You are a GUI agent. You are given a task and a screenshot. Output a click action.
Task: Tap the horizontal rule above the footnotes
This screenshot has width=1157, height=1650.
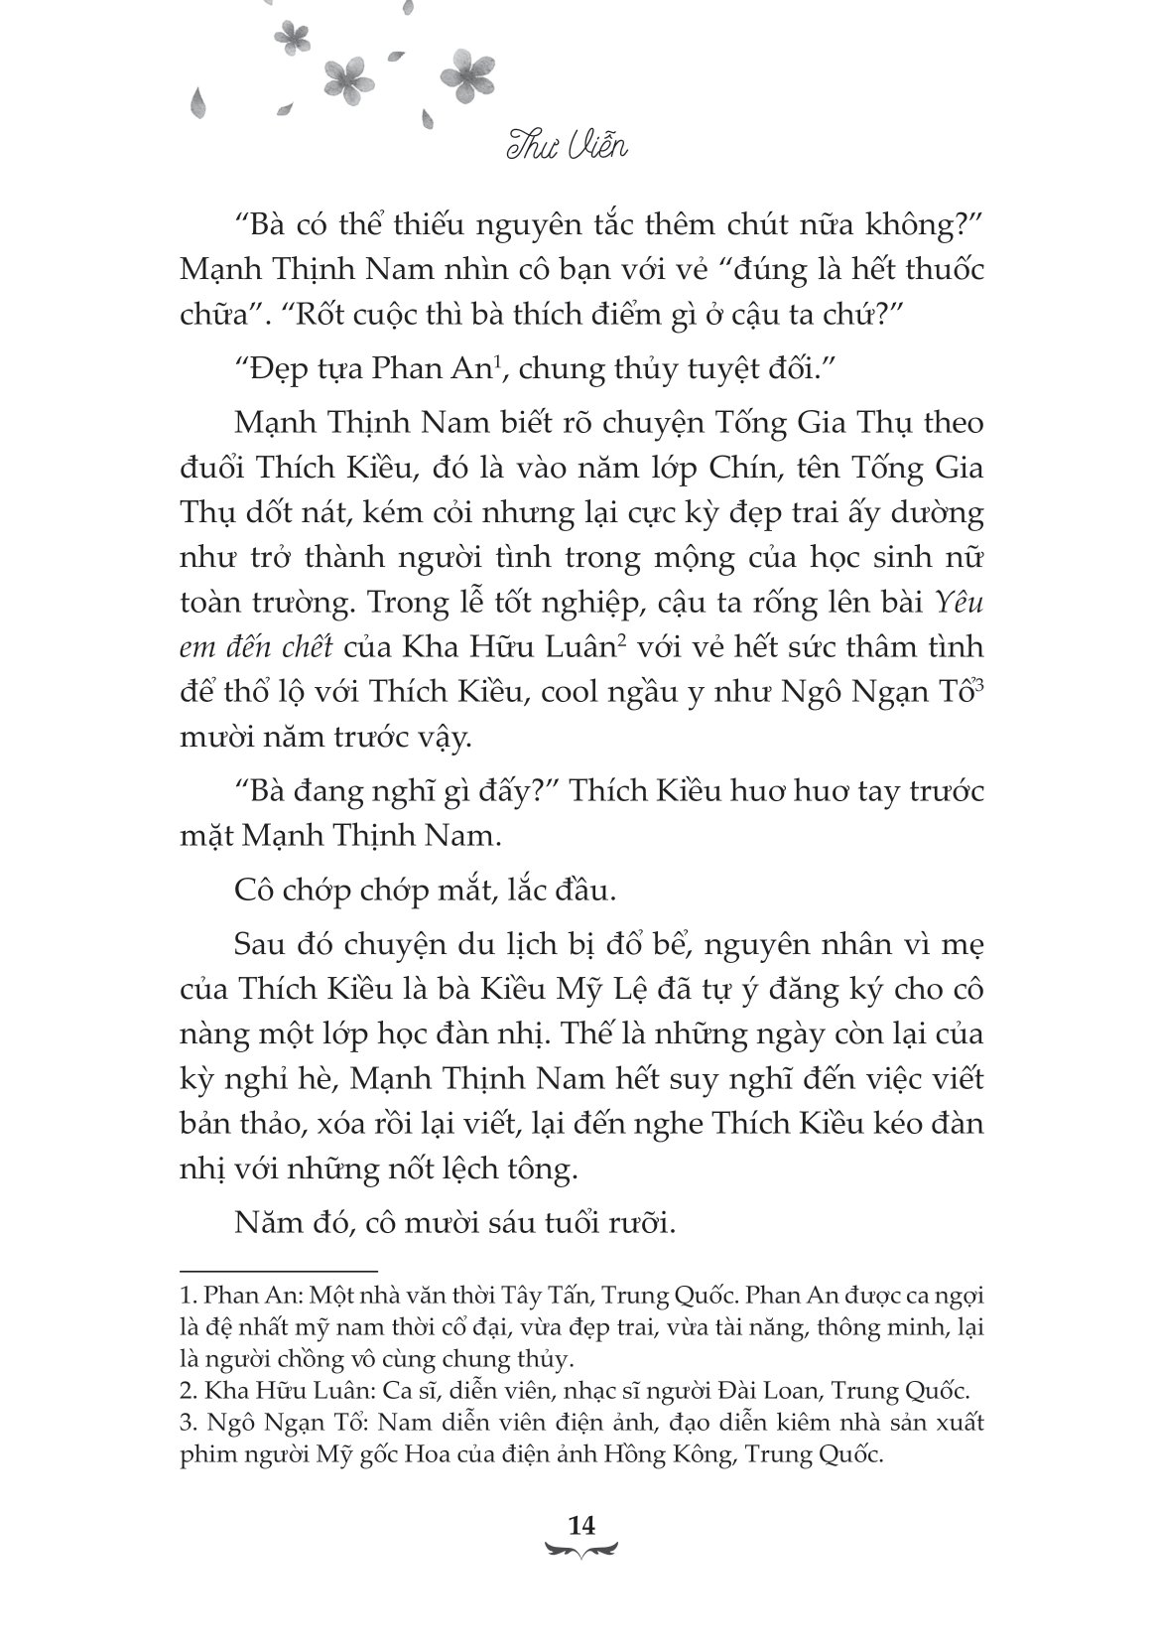(x=279, y=1270)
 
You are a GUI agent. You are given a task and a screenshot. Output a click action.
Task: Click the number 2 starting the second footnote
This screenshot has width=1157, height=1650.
(x=185, y=1389)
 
